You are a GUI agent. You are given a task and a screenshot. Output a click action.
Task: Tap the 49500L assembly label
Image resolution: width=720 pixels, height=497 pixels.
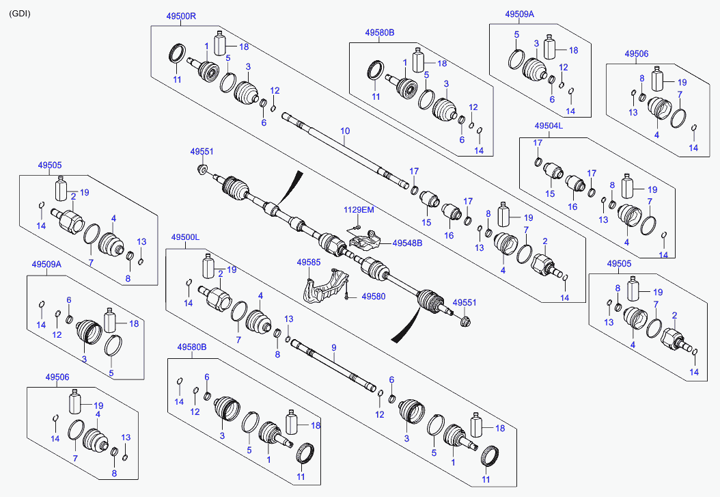click(x=185, y=237)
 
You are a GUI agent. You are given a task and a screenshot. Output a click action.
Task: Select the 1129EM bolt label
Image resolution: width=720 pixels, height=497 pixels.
click(x=359, y=209)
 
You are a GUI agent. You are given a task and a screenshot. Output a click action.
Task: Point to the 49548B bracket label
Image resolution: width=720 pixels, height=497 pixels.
click(x=407, y=243)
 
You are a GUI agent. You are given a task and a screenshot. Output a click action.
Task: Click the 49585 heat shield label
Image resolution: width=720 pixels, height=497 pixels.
click(x=308, y=262)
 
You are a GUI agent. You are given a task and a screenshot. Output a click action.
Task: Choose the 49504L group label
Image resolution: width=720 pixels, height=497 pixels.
click(x=548, y=126)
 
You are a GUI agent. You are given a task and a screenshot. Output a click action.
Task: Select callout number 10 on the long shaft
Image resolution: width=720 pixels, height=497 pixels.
click(x=345, y=131)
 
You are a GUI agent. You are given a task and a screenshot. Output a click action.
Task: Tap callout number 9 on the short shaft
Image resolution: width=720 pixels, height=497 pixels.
click(x=334, y=348)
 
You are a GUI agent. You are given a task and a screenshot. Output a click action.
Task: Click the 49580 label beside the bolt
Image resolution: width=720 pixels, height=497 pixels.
click(x=373, y=297)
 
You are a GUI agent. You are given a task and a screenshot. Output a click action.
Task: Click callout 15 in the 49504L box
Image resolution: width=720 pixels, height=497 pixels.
click(x=551, y=194)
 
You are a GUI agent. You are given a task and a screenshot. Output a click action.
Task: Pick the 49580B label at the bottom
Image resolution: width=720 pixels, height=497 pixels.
click(x=192, y=347)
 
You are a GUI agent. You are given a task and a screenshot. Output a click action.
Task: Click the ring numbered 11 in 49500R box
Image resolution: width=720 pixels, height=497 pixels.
click(x=177, y=53)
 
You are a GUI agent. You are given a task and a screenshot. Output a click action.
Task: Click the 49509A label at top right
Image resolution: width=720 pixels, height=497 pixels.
click(x=520, y=14)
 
